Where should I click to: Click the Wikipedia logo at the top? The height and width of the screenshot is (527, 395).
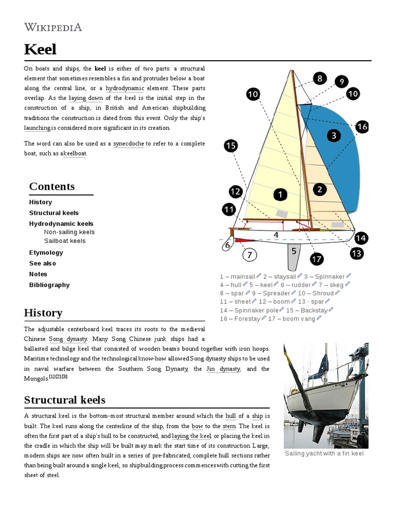(x=53, y=27)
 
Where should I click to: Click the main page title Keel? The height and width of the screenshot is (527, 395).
(x=40, y=49)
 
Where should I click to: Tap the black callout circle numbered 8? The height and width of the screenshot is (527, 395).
(x=319, y=78)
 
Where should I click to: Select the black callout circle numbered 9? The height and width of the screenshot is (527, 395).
(x=341, y=81)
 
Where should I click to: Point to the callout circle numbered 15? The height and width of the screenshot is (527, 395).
(x=231, y=146)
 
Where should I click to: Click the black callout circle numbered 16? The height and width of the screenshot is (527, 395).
(x=362, y=127)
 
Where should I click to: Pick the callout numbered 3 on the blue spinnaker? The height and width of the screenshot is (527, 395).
(x=334, y=136)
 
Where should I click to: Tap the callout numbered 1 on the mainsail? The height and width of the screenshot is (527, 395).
(x=280, y=195)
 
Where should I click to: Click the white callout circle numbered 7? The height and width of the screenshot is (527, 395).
(x=249, y=255)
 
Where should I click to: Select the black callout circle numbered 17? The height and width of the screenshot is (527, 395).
(x=317, y=259)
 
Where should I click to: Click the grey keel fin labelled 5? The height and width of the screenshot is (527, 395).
(x=294, y=255)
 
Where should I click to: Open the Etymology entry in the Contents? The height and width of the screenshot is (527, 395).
(x=46, y=253)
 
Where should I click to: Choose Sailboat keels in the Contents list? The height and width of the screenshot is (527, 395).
(x=65, y=241)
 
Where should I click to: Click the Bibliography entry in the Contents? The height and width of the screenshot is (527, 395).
(x=49, y=285)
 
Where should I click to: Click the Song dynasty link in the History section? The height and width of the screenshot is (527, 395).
(x=67, y=339)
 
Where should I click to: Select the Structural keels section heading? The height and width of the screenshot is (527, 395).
(x=65, y=400)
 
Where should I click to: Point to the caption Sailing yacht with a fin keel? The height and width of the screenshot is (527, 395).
(x=325, y=453)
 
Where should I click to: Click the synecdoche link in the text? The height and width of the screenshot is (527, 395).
(x=129, y=144)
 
